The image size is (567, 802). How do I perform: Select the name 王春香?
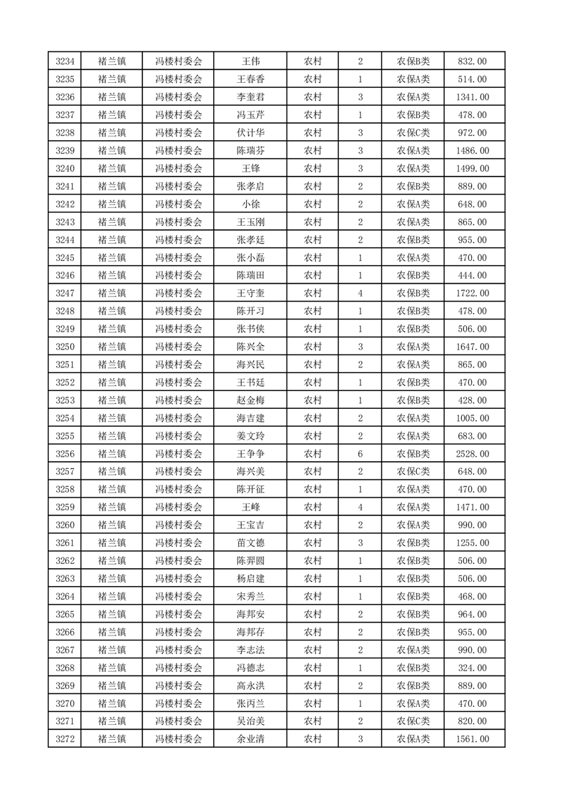(250, 79)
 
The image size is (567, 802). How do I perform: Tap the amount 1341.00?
(473, 97)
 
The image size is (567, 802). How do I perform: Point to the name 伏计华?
(250, 133)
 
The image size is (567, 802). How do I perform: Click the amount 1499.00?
(473, 169)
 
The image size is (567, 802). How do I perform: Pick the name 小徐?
(250, 204)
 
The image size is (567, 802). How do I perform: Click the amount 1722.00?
(473, 293)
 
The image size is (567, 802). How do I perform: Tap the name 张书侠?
(250, 329)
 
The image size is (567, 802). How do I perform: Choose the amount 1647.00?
(473, 347)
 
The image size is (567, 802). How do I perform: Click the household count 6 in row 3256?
(360, 454)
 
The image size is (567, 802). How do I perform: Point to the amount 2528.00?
(473, 454)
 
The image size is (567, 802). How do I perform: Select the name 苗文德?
(250, 543)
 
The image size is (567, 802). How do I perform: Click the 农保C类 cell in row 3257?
(413, 472)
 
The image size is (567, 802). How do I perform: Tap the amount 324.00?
(473, 668)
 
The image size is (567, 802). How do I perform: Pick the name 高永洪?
(250, 685)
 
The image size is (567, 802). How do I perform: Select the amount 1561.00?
(473, 739)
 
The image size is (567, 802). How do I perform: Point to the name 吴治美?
(250, 721)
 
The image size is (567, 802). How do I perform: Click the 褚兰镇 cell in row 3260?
(112, 525)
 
